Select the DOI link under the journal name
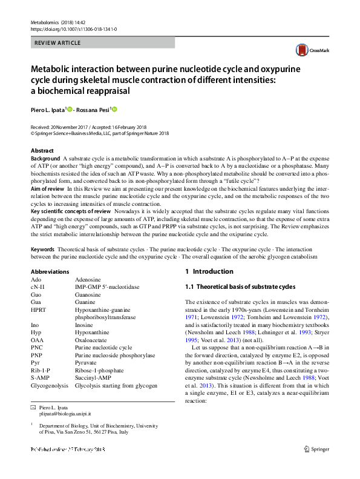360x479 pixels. [x=73, y=28]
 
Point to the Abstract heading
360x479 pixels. [x=42, y=150]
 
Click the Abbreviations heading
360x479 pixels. [x=52, y=271]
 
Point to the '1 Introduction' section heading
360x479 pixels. [x=209, y=271]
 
